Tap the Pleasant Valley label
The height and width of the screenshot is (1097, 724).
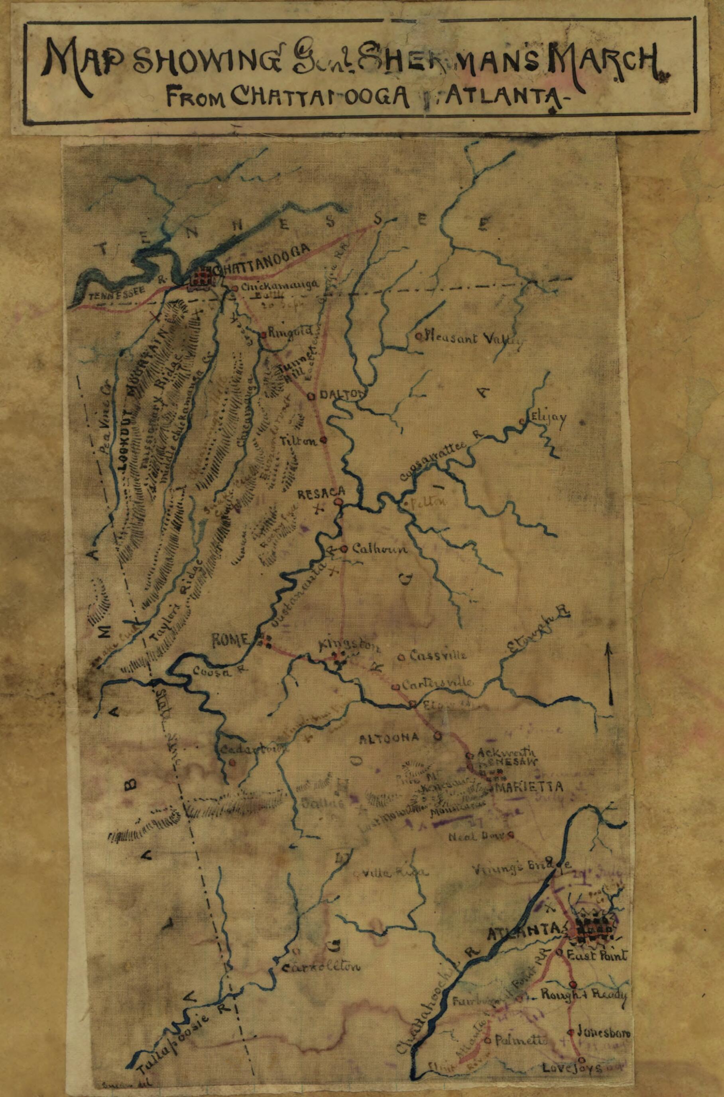pos(475,339)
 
